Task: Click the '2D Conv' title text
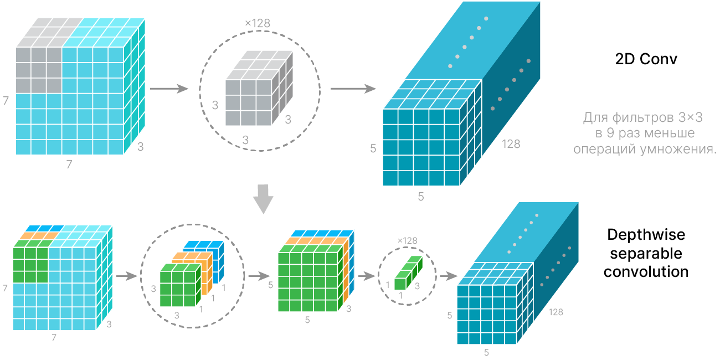[x=646, y=59]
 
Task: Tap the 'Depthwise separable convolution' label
[x=646, y=253]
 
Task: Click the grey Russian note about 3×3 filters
[x=643, y=133]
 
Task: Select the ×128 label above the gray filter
[x=258, y=24]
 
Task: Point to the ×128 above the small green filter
[x=407, y=241]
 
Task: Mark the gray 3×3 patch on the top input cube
[x=38, y=69]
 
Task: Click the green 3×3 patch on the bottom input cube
[x=30, y=265]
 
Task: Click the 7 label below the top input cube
[x=69, y=164]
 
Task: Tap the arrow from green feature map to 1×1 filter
[x=366, y=275]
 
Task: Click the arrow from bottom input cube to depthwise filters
[x=127, y=275]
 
